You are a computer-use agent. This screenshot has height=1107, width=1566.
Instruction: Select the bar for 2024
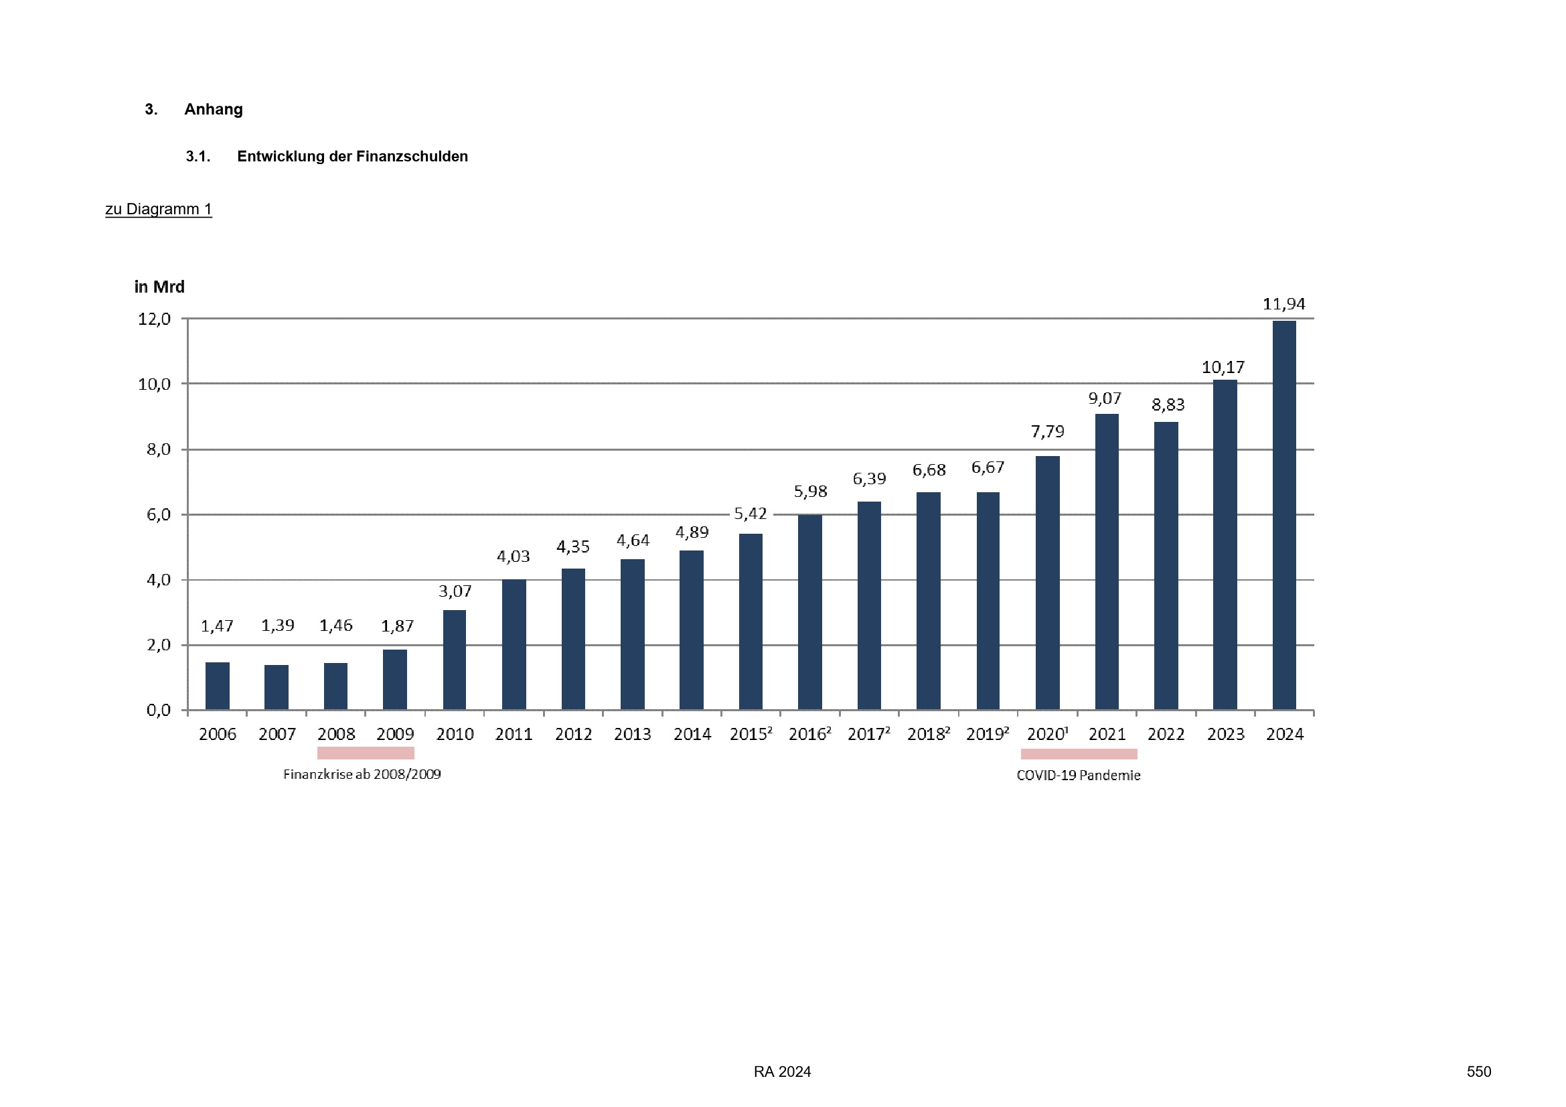(x=1283, y=515)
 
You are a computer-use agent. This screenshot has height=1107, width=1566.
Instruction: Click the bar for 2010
(x=454, y=660)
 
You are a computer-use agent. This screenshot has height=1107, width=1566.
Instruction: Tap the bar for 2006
(x=218, y=686)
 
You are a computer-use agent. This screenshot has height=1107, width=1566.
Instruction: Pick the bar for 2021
(x=1106, y=561)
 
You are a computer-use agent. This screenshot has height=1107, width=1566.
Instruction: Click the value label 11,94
(x=1283, y=304)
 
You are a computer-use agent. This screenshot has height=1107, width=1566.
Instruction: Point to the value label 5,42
(x=751, y=514)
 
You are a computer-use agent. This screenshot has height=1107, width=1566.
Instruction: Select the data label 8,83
(x=1168, y=405)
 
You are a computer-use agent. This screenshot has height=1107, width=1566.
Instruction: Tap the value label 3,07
(x=455, y=591)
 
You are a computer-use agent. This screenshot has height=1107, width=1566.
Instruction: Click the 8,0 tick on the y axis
(x=158, y=449)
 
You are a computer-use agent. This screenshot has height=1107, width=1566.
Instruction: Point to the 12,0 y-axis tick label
(x=154, y=319)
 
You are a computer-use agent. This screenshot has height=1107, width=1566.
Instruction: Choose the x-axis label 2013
(x=632, y=735)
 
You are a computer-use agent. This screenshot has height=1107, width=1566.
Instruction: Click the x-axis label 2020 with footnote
(x=1047, y=735)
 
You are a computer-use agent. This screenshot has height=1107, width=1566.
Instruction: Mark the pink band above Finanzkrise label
(x=366, y=753)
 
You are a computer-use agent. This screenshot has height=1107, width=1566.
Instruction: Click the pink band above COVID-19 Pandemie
(x=1079, y=753)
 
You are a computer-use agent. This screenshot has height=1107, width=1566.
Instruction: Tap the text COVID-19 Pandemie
(x=1079, y=776)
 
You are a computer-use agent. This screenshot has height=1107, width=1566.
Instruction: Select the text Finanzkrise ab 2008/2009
(x=362, y=775)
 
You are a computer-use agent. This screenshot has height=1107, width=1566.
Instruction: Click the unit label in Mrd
(x=159, y=287)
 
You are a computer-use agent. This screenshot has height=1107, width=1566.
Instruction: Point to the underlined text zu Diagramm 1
(x=158, y=210)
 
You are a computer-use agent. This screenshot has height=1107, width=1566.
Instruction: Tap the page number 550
(x=1479, y=1072)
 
